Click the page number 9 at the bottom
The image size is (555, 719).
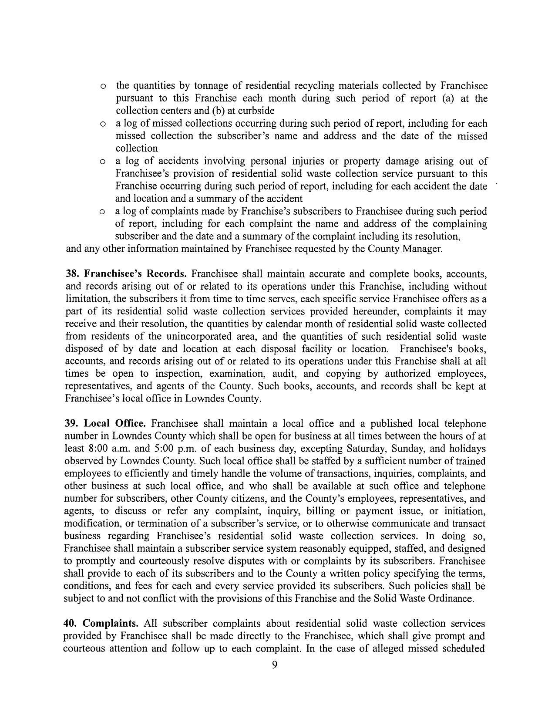coord(274,665)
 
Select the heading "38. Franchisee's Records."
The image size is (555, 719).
coord(126,274)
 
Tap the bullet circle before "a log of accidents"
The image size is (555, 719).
coord(102,162)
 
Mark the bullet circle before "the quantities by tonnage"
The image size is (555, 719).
coord(103,86)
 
